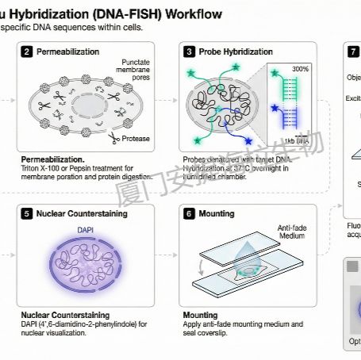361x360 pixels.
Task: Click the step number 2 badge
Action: pyautogui.click(x=28, y=52)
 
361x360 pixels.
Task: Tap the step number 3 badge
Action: pyautogui.click(x=190, y=52)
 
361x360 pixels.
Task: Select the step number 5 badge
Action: pyautogui.click(x=28, y=213)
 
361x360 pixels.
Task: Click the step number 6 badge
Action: pyautogui.click(x=190, y=213)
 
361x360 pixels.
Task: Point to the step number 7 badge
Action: pyautogui.click(x=354, y=52)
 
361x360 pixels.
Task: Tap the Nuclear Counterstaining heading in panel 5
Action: pyautogui.click(x=82, y=213)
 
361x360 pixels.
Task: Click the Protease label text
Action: pyautogui.click(x=136, y=138)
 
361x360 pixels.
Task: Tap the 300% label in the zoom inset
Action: pyautogui.click(x=300, y=69)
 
